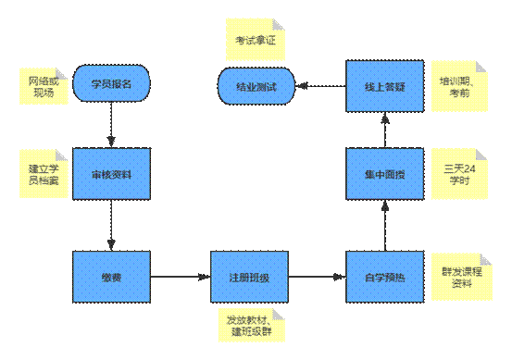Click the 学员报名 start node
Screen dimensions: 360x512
click(x=111, y=84)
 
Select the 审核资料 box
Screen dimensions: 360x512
click(x=111, y=172)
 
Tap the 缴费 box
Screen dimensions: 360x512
click(x=111, y=276)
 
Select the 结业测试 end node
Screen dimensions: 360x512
click(x=256, y=86)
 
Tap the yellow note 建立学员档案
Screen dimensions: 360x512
click(x=44, y=173)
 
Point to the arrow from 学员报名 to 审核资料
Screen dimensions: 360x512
click(x=111, y=122)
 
